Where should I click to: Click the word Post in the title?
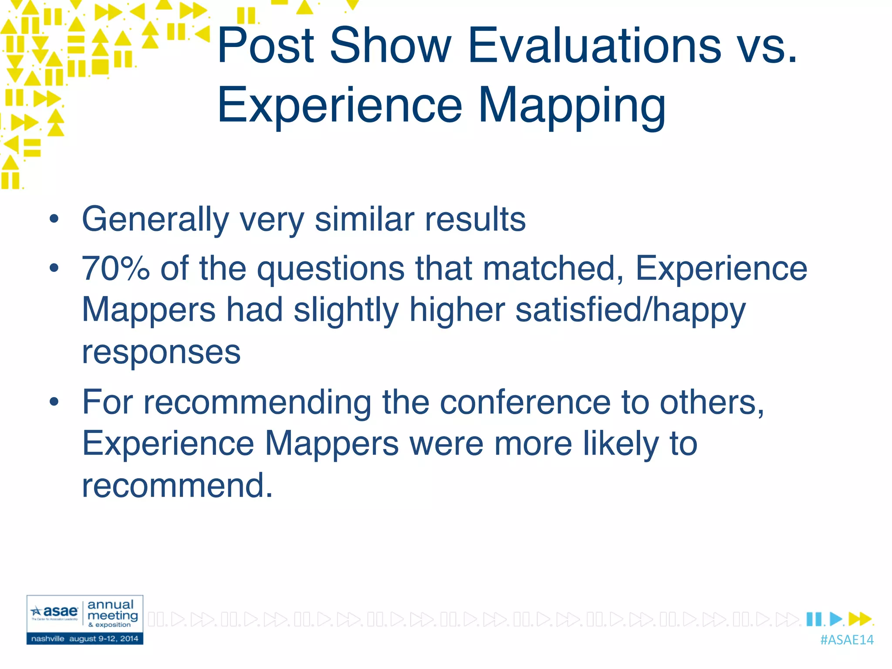tap(266, 45)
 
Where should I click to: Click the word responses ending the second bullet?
tap(161, 351)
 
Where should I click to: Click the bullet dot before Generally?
tap(54, 219)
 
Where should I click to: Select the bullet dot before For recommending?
tap(54, 402)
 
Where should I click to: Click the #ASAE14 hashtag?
tap(846, 640)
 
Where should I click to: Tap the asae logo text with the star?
tap(55, 612)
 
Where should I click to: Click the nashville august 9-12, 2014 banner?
tap(85, 639)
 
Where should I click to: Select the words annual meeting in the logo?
tap(112, 610)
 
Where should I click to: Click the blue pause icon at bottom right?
tap(814, 619)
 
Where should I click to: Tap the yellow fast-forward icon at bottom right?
tap(860, 619)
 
